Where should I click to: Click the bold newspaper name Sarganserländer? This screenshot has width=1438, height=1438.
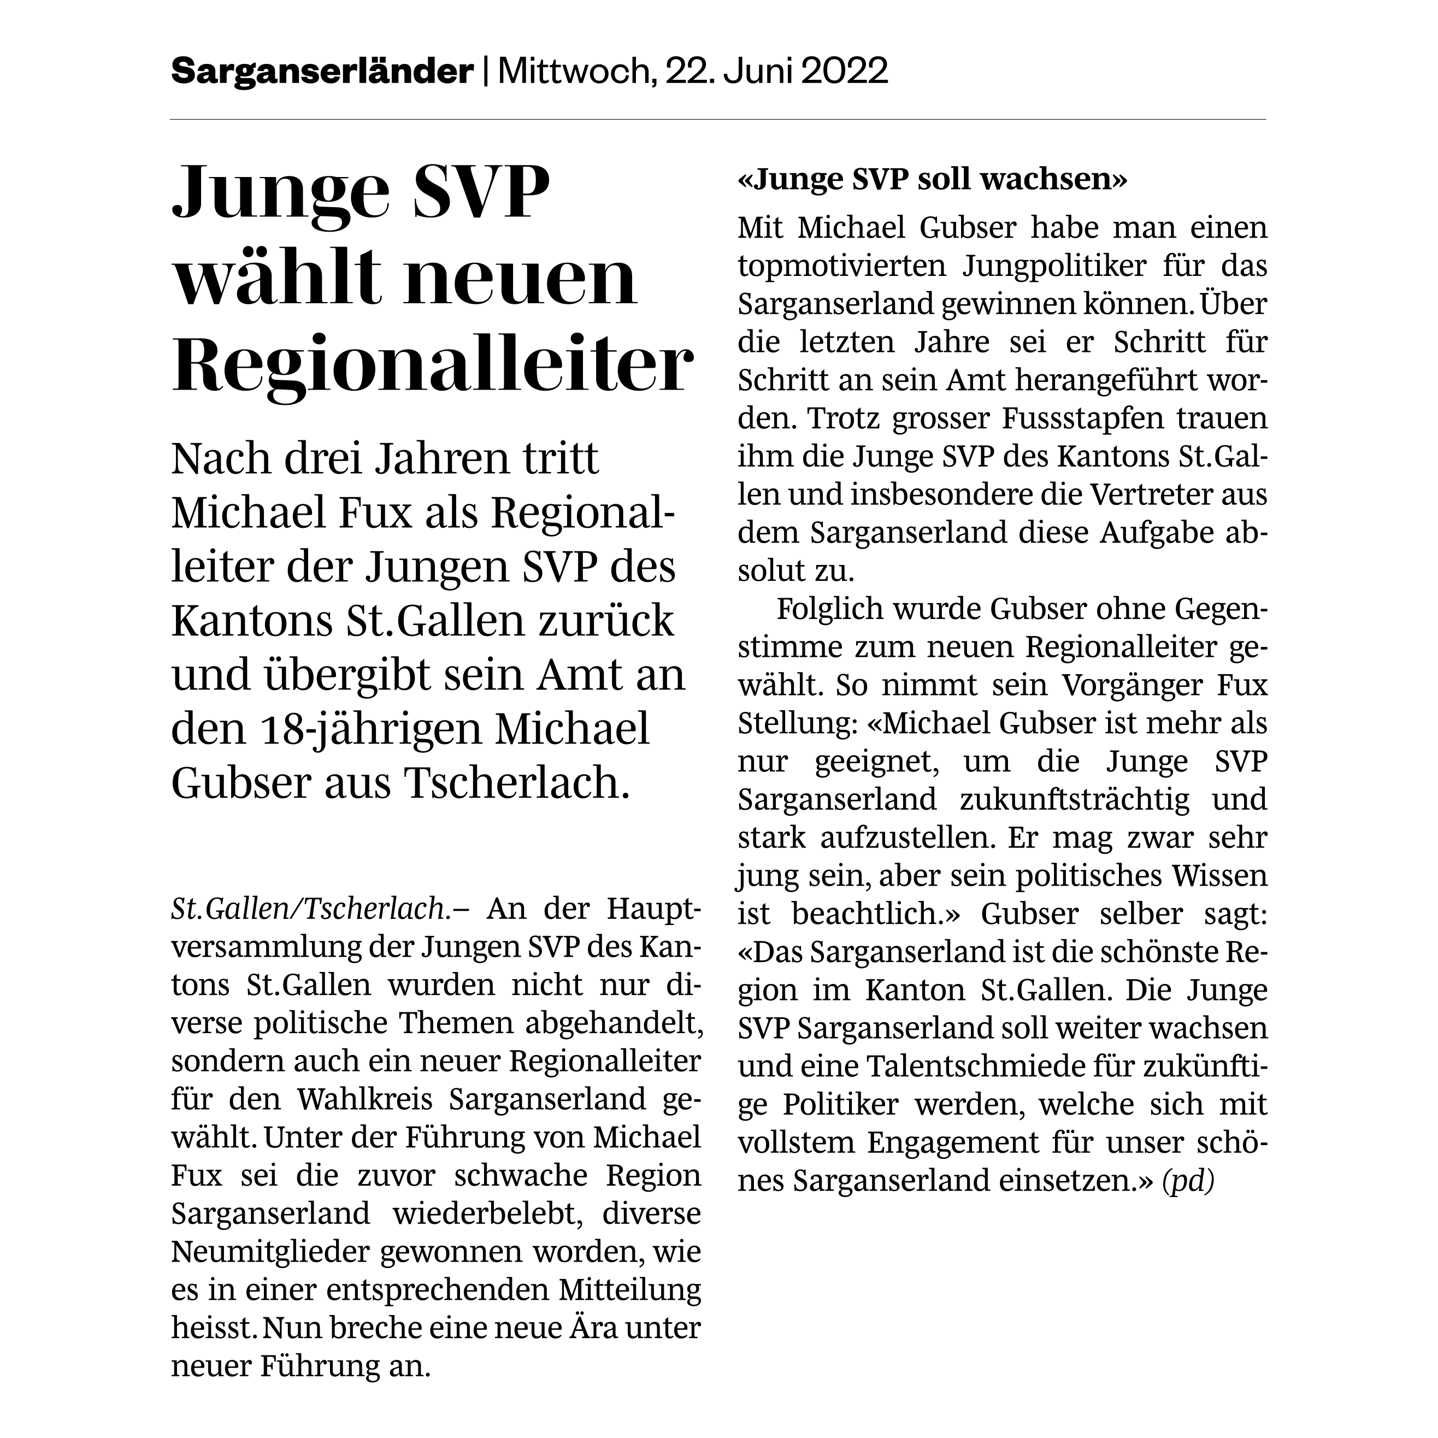322,72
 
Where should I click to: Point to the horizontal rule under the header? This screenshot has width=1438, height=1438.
717,119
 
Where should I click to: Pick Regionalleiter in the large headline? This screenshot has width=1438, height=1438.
432,366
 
